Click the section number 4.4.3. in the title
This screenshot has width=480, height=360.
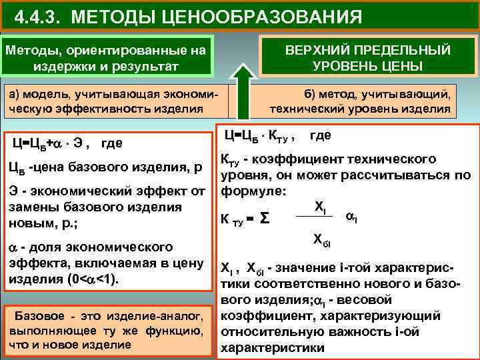[x=36, y=15]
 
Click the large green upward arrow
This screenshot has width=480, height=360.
[x=242, y=87]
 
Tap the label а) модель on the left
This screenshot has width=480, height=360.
[x=39, y=94]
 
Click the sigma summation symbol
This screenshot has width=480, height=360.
[x=265, y=217]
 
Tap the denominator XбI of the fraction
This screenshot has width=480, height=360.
[x=322, y=240]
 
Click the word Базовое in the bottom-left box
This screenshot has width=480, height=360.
[x=39, y=315]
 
